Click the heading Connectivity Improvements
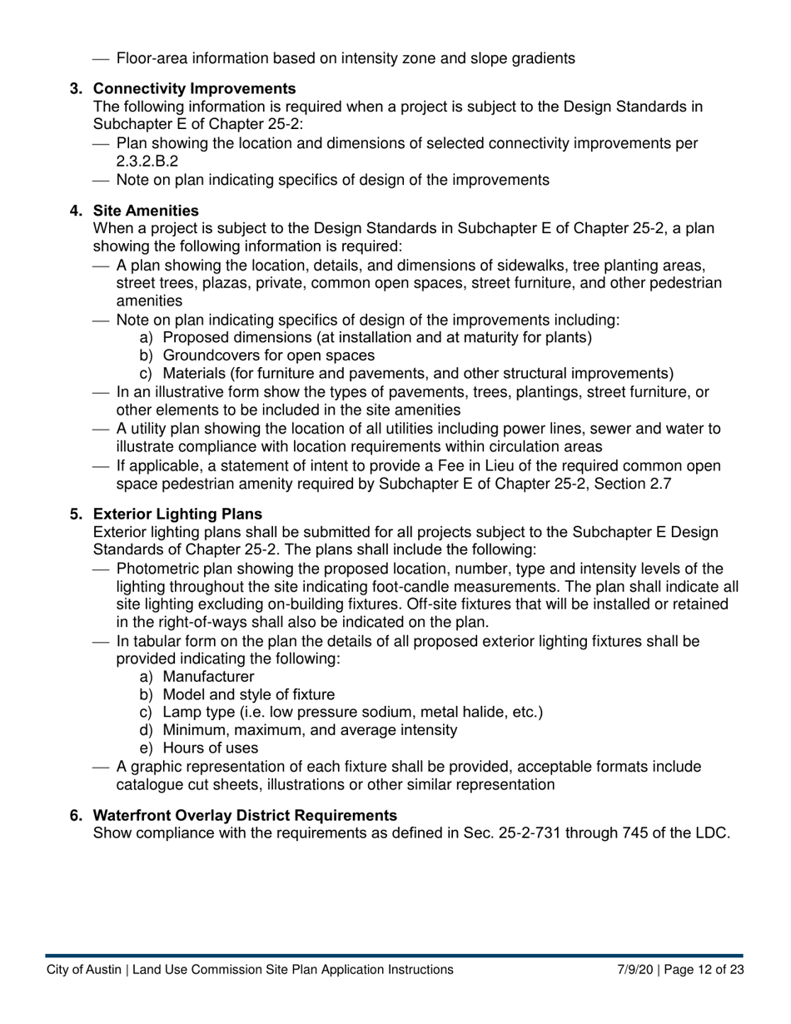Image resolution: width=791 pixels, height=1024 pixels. pos(194,88)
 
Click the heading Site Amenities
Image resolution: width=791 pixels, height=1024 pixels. pos(146,211)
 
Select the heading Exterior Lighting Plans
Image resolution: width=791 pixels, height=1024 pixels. pos(177,514)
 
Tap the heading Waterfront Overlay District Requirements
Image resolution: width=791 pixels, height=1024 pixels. pos(245,815)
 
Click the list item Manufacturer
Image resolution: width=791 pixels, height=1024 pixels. pos(208,677)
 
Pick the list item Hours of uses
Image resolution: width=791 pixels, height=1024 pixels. pos(210,748)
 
